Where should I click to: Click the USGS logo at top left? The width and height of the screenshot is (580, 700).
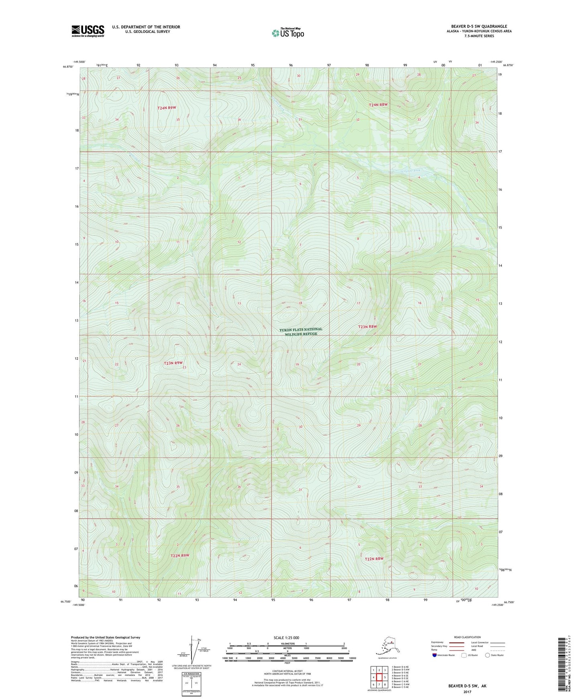pos(88,31)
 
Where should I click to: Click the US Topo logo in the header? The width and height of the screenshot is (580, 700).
pos(288,33)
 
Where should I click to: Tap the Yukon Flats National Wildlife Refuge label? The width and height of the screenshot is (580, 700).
pos(301,332)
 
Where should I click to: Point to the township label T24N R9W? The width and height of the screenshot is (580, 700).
pos(167,108)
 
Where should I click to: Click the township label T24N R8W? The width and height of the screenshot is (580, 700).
pos(379,105)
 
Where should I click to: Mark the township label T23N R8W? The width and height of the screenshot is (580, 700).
pos(367,327)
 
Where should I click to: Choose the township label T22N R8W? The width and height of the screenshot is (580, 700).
pos(374,558)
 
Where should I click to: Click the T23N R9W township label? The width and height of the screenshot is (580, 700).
pos(175,363)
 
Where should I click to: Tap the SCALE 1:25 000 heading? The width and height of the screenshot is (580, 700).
pos(287,638)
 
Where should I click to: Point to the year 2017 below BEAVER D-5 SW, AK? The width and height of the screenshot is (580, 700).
pos(467,692)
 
